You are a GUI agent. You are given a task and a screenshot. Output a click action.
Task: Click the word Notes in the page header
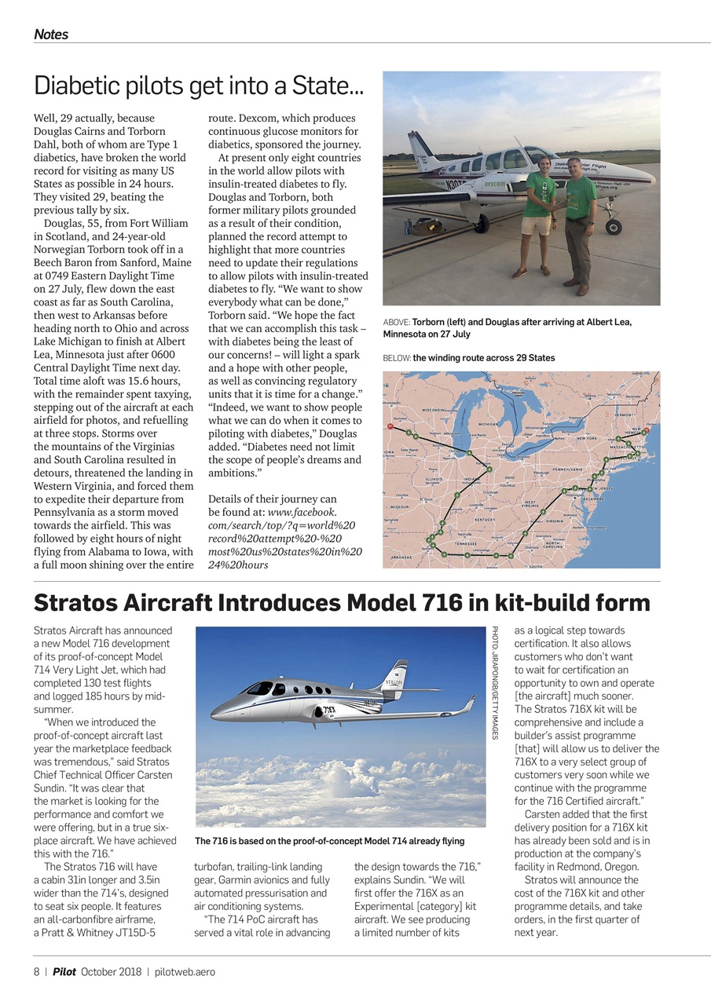tap(51, 35)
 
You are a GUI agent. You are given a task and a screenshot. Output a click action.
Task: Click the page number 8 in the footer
tap(36, 971)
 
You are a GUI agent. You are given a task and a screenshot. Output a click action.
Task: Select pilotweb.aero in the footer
tap(185, 971)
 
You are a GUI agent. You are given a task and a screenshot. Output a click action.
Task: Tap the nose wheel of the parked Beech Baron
tap(613, 228)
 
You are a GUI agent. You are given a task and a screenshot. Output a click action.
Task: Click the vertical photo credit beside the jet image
tap(496, 682)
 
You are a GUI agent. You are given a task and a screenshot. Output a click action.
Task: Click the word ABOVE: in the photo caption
tap(397, 322)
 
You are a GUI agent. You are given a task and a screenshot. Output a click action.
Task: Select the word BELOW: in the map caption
tap(397, 358)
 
